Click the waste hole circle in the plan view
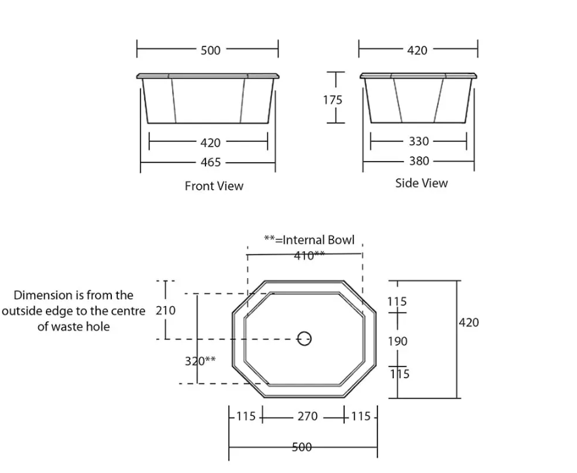304,338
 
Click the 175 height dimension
332,100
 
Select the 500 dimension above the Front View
211,50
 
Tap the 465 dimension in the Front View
210,162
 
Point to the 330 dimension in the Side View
419,141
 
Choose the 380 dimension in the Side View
419,161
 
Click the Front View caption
214,186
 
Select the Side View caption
421,183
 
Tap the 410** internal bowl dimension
309,256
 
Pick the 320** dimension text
200,360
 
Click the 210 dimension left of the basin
166,310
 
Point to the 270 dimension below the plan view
307,416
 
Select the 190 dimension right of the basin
398,341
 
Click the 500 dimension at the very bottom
302,447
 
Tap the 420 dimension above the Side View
417,50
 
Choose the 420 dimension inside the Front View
210,143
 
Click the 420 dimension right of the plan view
469,323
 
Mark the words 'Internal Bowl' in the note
319,240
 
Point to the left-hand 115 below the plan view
245,416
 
